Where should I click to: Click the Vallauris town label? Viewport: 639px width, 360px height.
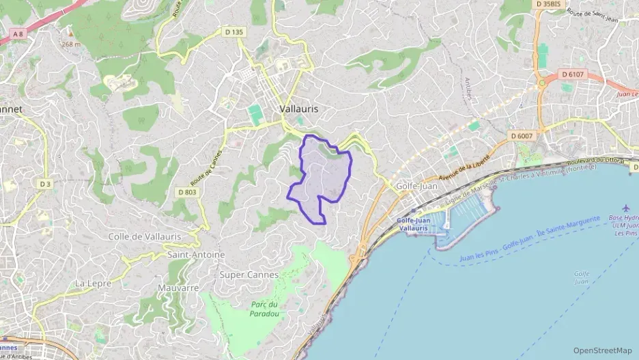point(299,109)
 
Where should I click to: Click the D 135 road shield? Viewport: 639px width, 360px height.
point(233,32)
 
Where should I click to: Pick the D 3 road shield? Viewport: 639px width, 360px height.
point(45,184)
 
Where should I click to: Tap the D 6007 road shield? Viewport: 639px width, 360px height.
point(522,137)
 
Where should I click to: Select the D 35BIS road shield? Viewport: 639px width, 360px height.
point(548,4)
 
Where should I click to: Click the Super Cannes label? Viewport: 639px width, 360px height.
point(249,275)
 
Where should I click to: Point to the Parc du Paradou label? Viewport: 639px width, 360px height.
point(261,309)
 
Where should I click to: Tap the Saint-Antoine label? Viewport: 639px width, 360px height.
point(196,255)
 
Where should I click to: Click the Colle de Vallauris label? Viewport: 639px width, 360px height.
point(145,236)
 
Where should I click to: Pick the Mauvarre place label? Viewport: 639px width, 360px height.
point(177,288)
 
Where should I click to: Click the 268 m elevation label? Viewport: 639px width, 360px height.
point(71,44)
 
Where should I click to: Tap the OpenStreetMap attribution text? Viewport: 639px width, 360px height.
point(602,350)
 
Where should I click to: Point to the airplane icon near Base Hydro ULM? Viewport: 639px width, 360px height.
point(627,208)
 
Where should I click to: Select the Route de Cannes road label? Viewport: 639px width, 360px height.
point(208,167)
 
